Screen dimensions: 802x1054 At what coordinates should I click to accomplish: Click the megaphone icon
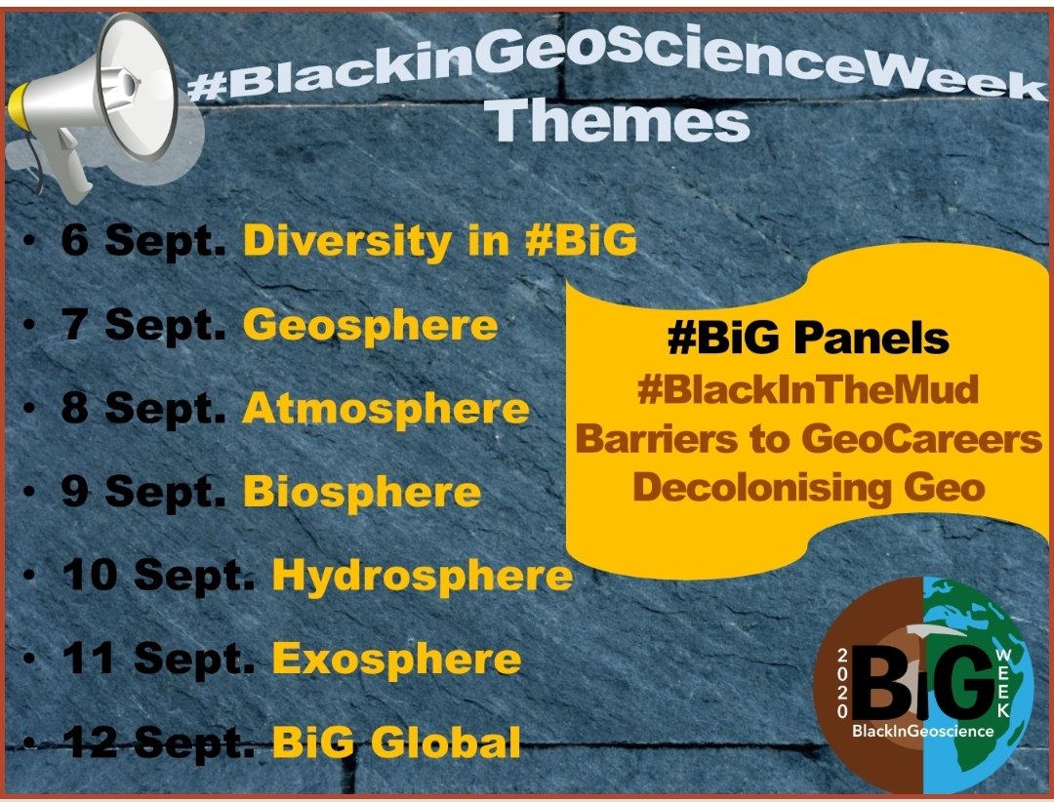click(x=93, y=98)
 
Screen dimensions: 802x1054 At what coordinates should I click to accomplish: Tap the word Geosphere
click(x=370, y=324)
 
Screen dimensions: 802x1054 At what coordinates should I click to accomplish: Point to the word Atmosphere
click(x=385, y=409)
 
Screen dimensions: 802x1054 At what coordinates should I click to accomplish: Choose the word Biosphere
click(x=361, y=492)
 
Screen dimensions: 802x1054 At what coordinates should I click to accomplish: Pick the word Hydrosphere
click(x=422, y=576)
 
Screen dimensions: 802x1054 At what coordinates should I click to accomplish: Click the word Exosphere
click(x=396, y=660)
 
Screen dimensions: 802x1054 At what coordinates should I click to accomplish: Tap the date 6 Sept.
click(x=143, y=241)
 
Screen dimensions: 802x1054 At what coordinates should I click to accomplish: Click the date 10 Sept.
click(x=159, y=576)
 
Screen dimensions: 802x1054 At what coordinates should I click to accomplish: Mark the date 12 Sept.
click(x=159, y=743)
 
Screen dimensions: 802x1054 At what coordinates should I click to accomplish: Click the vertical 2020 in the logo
click(x=843, y=683)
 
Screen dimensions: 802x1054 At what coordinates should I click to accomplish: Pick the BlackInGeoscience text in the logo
click(x=922, y=730)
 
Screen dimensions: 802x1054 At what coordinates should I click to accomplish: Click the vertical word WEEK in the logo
click(x=1001, y=683)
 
